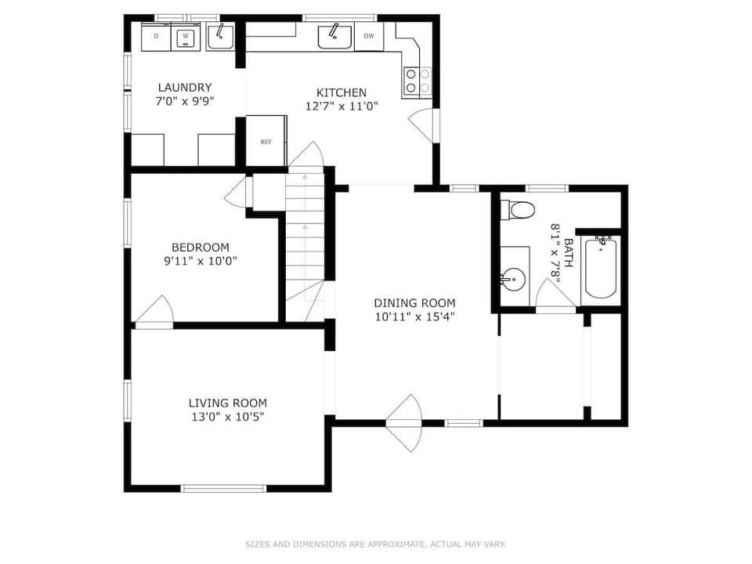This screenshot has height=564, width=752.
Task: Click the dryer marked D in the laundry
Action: (x=156, y=37)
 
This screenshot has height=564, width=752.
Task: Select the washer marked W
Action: (x=186, y=37)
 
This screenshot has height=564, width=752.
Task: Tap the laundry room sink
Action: (x=220, y=37)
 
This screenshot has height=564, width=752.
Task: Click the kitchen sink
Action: (x=334, y=36)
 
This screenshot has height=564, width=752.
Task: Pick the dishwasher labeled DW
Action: (x=369, y=36)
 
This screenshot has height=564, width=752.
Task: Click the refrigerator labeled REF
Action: (x=266, y=141)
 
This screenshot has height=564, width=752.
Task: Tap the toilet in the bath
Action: (x=518, y=209)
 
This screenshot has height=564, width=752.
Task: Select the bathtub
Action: (x=601, y=268)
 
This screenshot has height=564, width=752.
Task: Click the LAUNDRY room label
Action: (x=185, y=87)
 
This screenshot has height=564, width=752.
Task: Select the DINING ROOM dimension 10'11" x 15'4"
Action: (x=414, y=316)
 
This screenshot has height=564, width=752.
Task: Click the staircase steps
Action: (x=304, y=235)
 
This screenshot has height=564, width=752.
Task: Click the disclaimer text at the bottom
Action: (x=376, y=544)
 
